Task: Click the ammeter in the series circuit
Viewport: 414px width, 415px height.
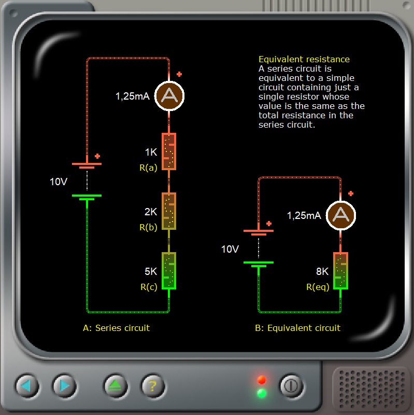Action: (170, 95)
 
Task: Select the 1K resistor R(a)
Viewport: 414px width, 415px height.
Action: (169, 151)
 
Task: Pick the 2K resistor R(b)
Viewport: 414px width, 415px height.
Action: (169, 211)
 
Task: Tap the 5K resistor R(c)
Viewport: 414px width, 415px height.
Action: (169, 271)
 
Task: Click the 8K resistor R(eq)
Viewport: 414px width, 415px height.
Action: (340, 271)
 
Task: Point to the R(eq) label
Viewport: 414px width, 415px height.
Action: (318, 286)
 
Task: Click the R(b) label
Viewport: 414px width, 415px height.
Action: (148, 227)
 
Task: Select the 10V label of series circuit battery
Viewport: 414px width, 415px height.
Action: (58, 182)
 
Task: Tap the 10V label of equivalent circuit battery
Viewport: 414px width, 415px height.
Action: (230, 249)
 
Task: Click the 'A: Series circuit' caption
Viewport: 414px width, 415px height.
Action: (116, 328)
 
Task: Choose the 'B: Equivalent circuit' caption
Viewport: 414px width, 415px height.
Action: (297, 328)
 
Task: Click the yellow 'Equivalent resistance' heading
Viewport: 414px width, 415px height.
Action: (304, 59)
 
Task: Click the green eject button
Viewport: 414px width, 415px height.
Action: (115, 385)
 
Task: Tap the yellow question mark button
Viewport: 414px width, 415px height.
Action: (153, 385)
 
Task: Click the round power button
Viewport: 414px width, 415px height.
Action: (291, 385)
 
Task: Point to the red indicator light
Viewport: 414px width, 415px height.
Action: (262, 380)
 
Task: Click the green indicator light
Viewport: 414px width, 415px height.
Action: (262, 393)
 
